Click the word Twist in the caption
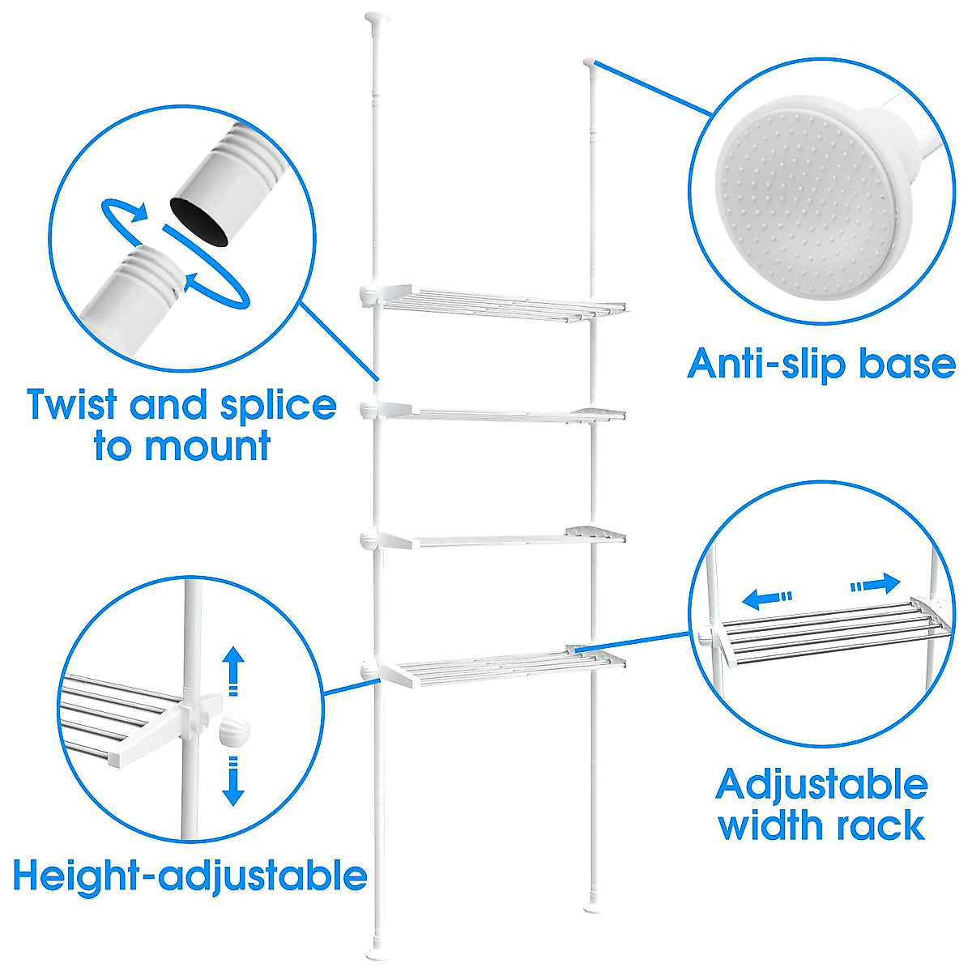coord(73,405)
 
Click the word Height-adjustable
coord(190,876)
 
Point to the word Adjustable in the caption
coord(821,784)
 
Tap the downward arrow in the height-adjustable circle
coord(234,780)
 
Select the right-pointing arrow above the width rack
coord(876,584)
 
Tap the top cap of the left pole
coord(376,16)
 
